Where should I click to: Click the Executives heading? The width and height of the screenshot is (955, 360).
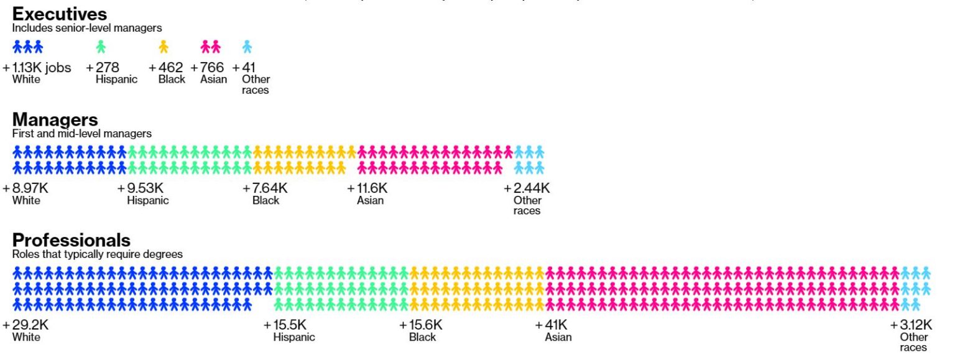pyautogui.click(x=59, y=14)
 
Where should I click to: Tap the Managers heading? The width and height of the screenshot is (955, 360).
pyautogui.click(x=55, y=119)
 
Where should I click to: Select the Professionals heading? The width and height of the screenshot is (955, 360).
pyautogui.click(x=71, y=240)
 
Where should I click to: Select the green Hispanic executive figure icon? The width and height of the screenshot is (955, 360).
pyautogui.click(x=101, y=47)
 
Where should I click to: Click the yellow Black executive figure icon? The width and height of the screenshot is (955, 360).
pyautogui.click(x=164, y=47)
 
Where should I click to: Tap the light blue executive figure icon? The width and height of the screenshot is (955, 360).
pyautogui.click(x=247, y=47)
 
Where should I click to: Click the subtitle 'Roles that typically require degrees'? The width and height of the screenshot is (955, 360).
pyautogui.click(x=97, y=254)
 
